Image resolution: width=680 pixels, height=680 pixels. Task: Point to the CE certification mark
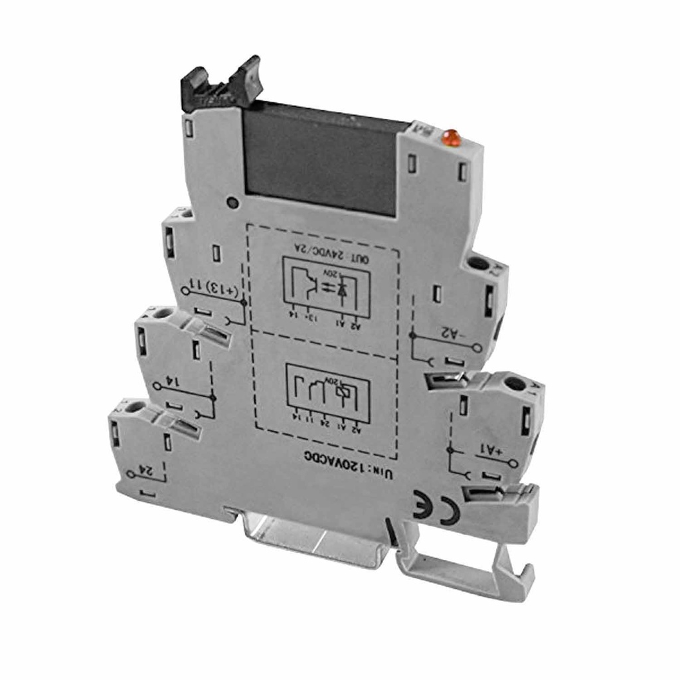tap(436, 508)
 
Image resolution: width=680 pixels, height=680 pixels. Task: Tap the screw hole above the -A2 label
tap(476, 264)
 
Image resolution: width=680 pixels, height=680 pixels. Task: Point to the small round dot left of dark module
tap(230, 203)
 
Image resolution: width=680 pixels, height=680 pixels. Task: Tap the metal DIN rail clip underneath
tap(312, 538)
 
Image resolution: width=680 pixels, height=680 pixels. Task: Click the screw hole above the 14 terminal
tap(163, 313)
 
